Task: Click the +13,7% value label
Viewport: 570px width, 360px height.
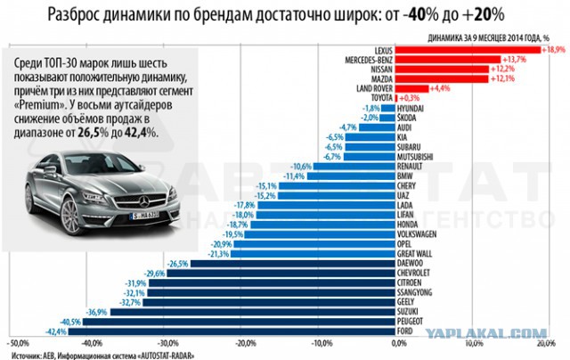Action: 517,60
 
